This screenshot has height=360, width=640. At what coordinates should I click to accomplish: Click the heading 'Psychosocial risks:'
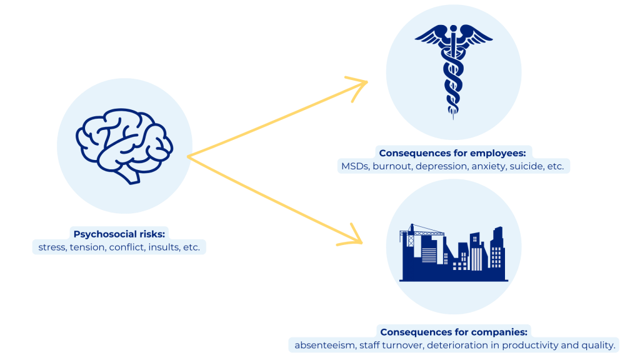tap(119, 234)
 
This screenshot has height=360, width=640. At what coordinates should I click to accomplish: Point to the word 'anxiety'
tap(490, 166)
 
